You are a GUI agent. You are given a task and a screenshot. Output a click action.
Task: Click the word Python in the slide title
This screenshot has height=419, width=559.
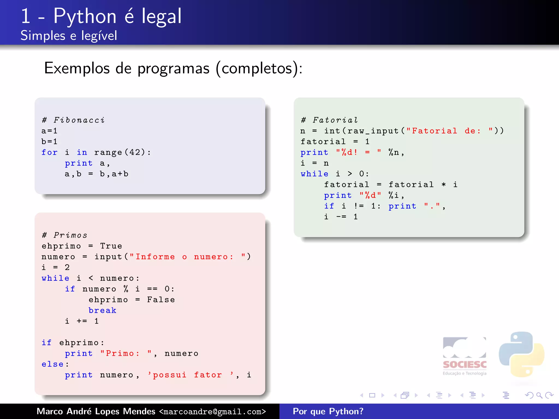pyautogui.click(x=85, y=16)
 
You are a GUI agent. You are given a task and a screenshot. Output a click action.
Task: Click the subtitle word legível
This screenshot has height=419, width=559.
pyautogui.click(x=99, y=36)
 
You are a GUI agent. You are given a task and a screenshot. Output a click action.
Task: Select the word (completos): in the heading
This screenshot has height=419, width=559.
pyautogui.click(x=259, y=68)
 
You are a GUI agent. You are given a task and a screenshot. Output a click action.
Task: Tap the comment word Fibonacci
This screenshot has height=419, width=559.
pyautogui.click(x=79, y=120)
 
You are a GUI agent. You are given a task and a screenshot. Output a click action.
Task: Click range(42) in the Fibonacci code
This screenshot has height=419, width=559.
pyautogui.click(x=119, y=152)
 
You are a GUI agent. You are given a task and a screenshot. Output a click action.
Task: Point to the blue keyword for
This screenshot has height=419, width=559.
pyautogui.click(x=49, y=152)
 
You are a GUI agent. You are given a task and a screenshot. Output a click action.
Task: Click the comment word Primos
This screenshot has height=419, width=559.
pyautogui.click(x=70, y=235)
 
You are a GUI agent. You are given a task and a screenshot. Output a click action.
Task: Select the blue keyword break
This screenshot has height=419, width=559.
pyautogui.click(x=102, y=310)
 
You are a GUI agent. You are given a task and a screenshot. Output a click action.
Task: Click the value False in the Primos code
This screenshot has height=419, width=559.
pyautogui.click(x=161, y=300)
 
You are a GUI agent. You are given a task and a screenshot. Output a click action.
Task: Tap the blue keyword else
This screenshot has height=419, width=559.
pyautogui.click(x=53, y=364)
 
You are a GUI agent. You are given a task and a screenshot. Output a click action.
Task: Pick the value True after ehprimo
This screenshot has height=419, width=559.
pyautogui.click(x=111, y=246)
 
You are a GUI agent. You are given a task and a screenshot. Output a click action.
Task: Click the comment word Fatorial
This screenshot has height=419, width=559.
pyautogui.click(x=335, y=120)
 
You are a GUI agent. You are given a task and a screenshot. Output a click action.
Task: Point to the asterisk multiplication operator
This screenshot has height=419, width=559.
pyautogui.click(x=444, y=185)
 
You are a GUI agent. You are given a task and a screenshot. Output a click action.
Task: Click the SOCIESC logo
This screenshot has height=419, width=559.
pyautogui.click(x=465, y=356)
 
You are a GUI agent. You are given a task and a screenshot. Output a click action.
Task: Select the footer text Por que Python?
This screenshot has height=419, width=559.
pyautogui.click(x=328, y=411)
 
